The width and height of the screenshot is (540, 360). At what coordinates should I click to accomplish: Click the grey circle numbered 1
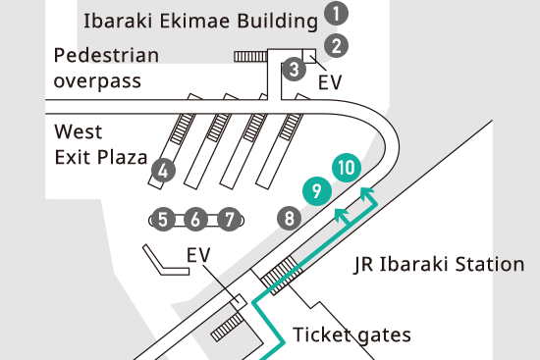[338, 14]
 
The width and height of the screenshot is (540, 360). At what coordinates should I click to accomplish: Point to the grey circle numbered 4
[164, 171]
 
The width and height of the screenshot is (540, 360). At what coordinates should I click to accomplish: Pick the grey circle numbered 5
[165, 219]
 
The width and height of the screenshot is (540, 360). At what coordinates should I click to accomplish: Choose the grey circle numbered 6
[196, 219]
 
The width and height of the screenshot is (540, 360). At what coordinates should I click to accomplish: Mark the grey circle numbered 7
[229, 219]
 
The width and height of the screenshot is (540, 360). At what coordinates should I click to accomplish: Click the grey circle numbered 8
[289, 218]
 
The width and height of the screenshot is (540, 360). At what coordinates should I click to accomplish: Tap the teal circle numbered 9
[315, 191]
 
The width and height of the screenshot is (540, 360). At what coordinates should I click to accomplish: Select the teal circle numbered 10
[345, 167]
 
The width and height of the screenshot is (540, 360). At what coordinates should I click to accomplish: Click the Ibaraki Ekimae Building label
[201, 20]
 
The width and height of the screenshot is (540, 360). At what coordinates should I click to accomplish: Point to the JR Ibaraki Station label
[439, 264]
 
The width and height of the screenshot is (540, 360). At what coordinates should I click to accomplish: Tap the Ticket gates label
[351, 334]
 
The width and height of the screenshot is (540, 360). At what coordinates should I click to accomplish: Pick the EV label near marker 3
[331, 82]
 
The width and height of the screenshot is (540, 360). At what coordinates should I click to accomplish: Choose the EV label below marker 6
[199, 255]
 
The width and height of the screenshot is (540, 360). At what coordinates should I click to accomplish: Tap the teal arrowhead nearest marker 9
[340, 212]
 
